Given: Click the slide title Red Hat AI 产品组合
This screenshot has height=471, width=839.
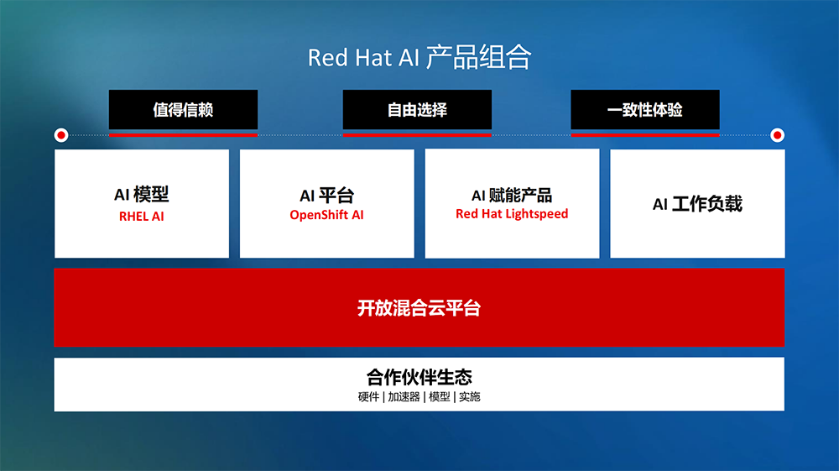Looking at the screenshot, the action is pyautogui.click(x=419, y=57).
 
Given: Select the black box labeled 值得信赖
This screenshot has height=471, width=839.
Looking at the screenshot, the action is pyautogui.click(x=183, y=110).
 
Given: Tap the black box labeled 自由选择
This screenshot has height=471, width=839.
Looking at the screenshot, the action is pyautogui.click(x=417, y=110).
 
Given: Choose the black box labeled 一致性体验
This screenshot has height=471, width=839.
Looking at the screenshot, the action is pyautogui.click(x=644, y=110).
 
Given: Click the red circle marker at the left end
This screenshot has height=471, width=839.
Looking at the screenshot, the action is pyautogui.click(x=61, y=135).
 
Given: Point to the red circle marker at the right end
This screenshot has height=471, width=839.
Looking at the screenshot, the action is pyautogui.click(x=777, y=135).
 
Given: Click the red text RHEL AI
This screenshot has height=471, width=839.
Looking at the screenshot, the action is pyautogui.click(x=141, y=217).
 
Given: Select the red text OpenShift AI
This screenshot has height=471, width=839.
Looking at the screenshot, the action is pyautogui.click(x=326, y=215).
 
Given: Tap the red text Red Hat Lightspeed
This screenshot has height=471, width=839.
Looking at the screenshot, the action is pyautogui.click(x=512, y=214).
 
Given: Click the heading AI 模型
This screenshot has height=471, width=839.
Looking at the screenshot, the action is pyautogui.click(x=141, y=194).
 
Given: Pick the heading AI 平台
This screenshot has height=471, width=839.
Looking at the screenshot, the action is pyautogui.click(x=326, y=195).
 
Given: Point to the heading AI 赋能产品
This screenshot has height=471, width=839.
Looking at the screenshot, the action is pyautogui.click(x=512, y=196).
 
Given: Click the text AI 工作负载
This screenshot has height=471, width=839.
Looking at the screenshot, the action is pyautogui.click(x=697, y=203).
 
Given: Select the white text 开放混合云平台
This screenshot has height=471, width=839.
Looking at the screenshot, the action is pyautogui.click(x=419, y=308).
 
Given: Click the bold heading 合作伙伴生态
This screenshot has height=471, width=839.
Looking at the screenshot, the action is pyautogui.click(x=419, y=377).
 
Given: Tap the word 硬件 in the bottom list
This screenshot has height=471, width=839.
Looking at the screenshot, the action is pyautogui.click(x=368, y=396).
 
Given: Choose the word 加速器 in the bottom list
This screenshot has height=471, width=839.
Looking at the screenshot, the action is pyautogui.click(x=404, y=396).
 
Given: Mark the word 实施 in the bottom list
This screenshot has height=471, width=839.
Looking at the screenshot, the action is pyautogui.click(x=469, y=396).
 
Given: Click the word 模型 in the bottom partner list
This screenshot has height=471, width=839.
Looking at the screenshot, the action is pyautogui.click(x=440, y=396).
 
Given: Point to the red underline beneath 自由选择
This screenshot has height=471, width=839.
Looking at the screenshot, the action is pyautogui.click(x=417, y=135).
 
